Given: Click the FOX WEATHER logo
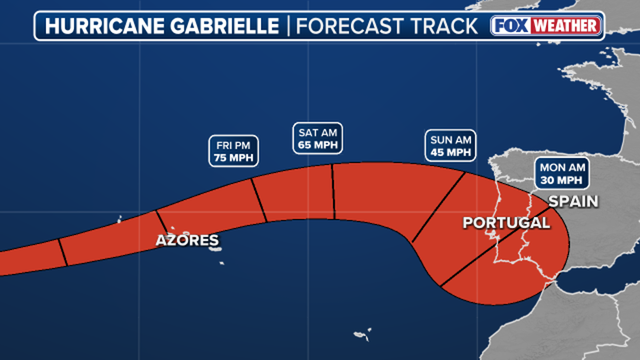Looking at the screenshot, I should (x=546, y=26).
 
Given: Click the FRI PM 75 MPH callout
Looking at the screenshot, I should (x=233, y=151).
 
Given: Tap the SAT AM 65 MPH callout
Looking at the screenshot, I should (x=317, y=138).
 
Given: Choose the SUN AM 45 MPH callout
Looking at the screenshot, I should (x=450, y=146).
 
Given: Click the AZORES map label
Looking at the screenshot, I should (x=187, y=240).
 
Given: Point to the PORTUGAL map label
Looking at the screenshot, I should (x=506, y=223).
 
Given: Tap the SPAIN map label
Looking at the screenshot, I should (x=573, y=201).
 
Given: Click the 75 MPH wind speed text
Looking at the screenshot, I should (x=233, y=158).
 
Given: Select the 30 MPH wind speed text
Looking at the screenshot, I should (x=561, y=180).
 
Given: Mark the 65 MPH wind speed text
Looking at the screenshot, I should (x=317, y=145).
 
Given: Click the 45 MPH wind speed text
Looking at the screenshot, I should (x=450, y=153).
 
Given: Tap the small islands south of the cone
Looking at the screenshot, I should (x=362, y=335).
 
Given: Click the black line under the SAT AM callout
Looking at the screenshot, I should (x=333, y=192).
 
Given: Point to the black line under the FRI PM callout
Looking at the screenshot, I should (x=259, y=200).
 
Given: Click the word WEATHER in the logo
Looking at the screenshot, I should (x=566, y=26).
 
